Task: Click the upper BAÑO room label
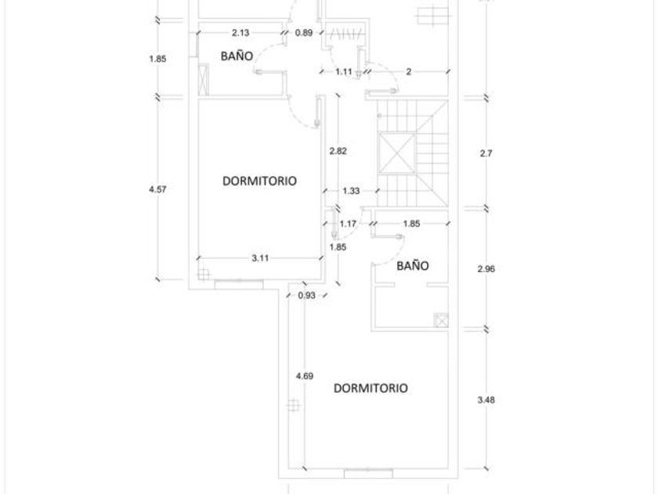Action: coord(236,56)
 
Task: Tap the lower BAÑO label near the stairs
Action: coord(412,266)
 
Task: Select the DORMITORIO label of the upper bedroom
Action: coord(259,180)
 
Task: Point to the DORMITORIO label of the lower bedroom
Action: coord(371,388)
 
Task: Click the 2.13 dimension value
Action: coord(240,33)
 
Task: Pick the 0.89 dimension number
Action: coord(304,33)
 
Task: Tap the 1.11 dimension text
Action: coord(342,71)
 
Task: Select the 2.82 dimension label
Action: coord(338,151)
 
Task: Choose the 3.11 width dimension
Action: coord(261,258)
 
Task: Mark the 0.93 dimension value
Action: coord(307,295)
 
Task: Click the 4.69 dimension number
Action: coord(305,376)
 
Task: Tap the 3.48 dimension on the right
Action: coord(485,399)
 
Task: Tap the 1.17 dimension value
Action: coord(348,224)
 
